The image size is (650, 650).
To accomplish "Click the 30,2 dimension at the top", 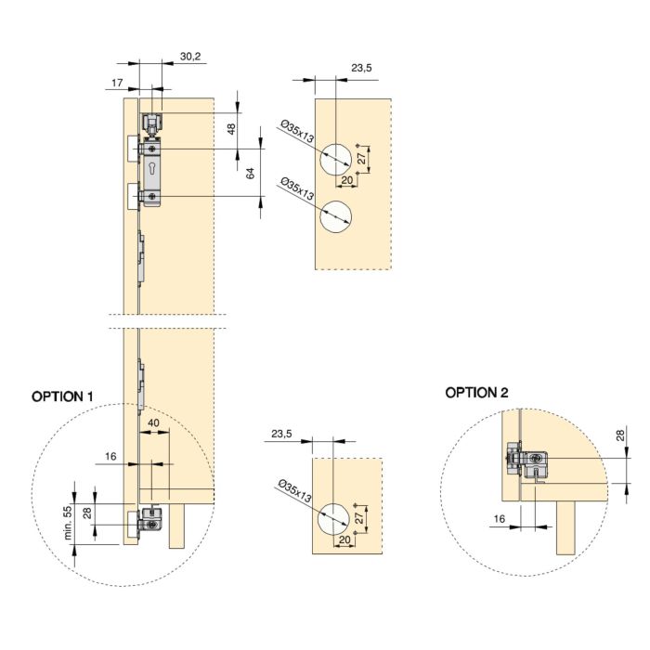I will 190,57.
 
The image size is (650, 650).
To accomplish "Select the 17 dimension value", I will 117,84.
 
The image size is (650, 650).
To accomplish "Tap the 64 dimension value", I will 250,173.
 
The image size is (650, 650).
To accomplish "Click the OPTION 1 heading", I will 63,396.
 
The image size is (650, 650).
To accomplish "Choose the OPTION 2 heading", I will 476,393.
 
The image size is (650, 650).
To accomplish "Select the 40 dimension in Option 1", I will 153,423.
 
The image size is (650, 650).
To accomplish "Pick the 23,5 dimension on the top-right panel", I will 361,68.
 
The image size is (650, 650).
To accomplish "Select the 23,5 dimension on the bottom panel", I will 281,434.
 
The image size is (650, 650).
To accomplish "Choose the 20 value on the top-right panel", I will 346,179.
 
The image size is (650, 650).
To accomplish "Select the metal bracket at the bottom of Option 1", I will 149,521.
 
